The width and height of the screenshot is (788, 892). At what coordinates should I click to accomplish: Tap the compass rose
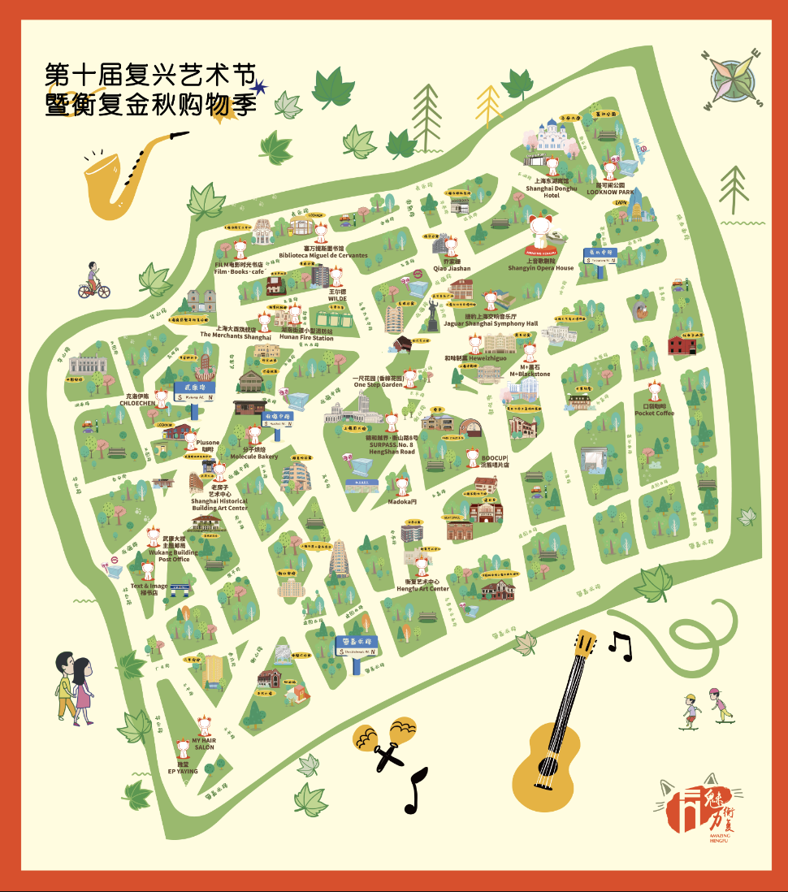coord(734,79)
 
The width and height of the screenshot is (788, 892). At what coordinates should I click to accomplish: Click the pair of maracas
coord(386,740)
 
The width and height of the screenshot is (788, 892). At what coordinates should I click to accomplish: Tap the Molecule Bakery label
coord(253,457)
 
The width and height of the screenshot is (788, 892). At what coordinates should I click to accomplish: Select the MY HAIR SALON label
coord(204,744)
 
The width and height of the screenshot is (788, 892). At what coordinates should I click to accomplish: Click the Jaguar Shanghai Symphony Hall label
coord(490,323)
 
